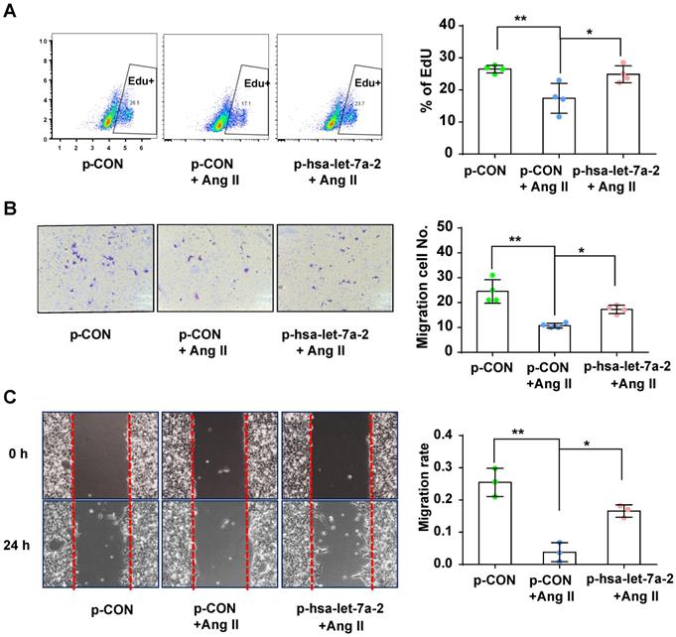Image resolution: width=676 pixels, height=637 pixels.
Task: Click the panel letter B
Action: click(12, 209)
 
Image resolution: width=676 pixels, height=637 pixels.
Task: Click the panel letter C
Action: click(12, 398)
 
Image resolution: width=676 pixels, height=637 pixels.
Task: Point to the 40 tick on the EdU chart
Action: click(447, 24)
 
